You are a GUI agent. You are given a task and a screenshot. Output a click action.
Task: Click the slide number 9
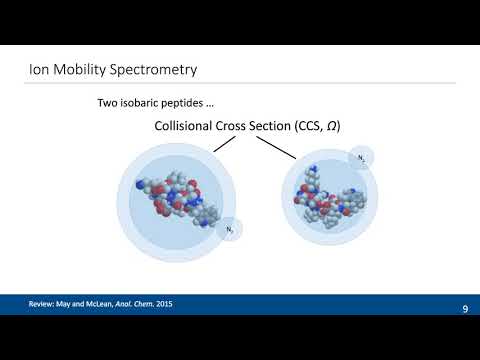point(465,310)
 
